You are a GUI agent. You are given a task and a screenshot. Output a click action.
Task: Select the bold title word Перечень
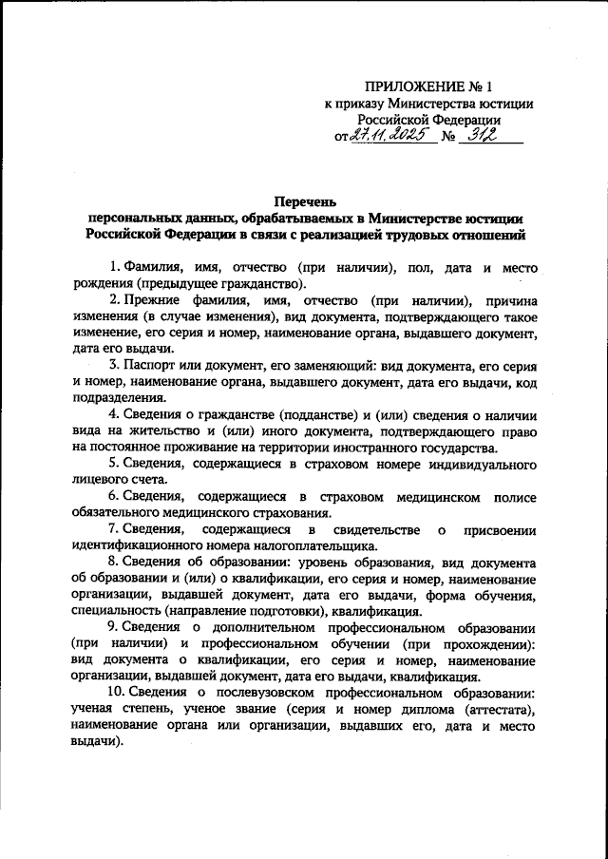pos(304,201)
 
